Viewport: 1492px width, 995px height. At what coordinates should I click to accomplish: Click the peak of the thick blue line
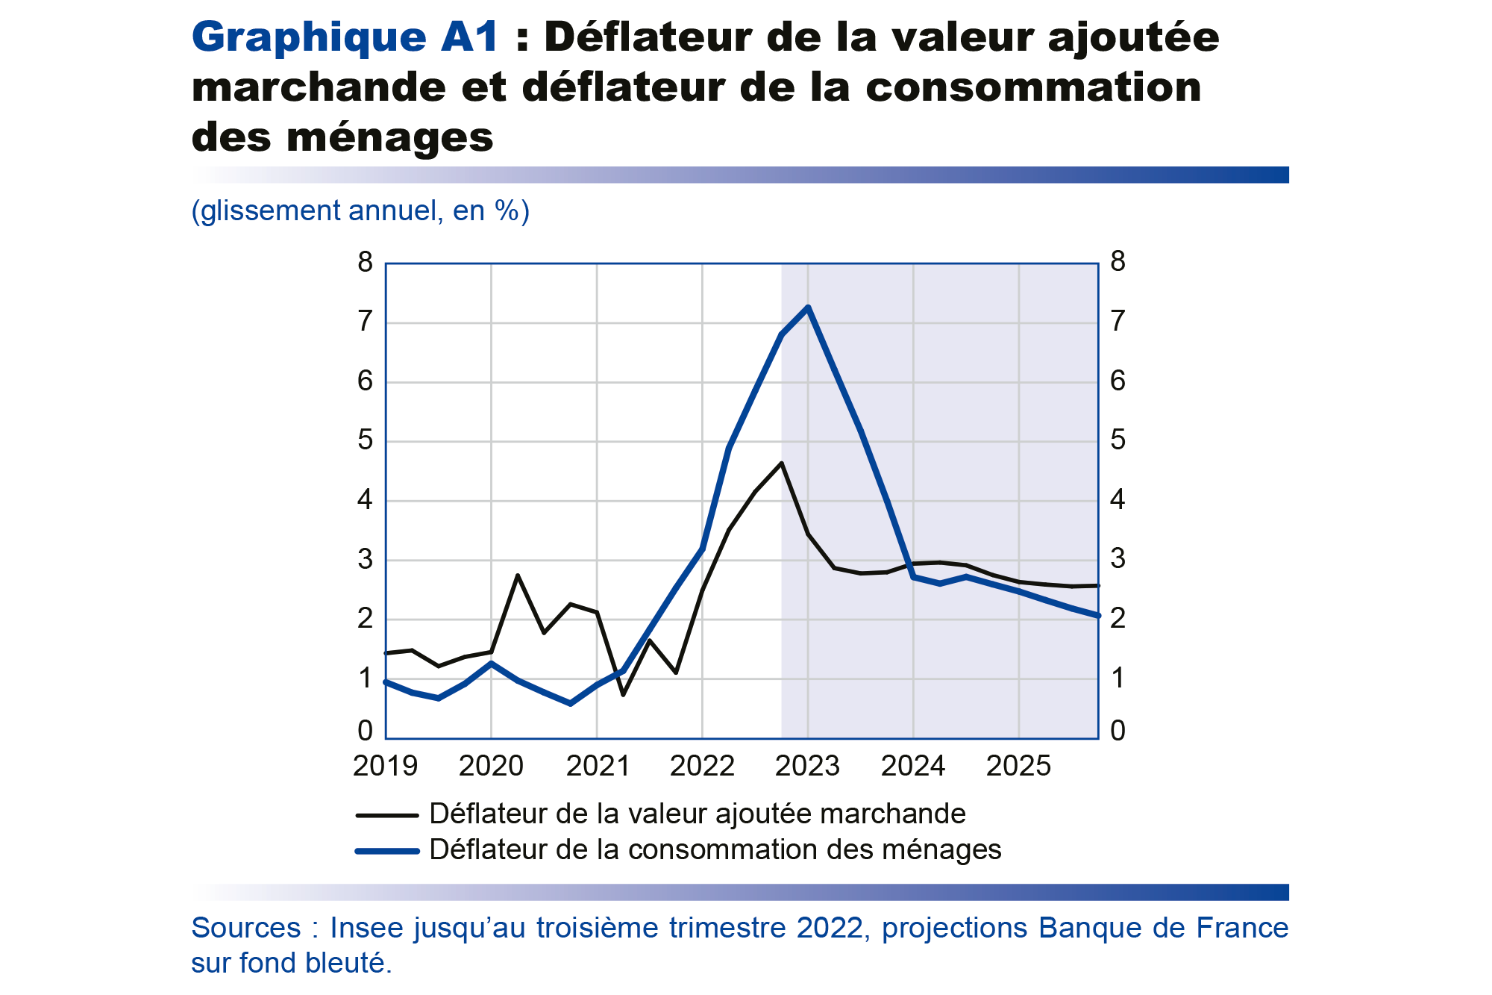coord(808,307)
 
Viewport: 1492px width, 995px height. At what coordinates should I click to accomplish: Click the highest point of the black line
coord(781,463)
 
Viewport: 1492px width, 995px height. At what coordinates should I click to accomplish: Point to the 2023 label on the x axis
coord(807,767)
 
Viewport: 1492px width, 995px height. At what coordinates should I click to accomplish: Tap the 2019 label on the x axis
coord(385,767)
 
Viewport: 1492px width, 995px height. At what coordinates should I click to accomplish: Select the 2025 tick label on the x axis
coord(1018,767)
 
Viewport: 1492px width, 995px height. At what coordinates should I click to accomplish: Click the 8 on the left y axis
coord(365,263)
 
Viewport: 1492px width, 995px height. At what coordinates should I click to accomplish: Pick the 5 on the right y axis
coord(1118,440)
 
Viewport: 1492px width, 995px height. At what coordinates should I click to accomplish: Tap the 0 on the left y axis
coord(365,732)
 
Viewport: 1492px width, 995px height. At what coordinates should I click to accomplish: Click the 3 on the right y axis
coord(1118,559)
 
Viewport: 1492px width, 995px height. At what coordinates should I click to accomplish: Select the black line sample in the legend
coord(386,815)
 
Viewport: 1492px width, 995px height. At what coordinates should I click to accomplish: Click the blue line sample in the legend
coord(386,851)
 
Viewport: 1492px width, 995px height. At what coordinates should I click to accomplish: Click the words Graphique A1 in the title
coord(345,37)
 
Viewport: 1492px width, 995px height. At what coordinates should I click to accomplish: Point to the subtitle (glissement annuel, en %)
coord(360,211)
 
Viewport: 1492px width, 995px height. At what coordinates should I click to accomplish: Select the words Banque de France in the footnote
coord(1163,928)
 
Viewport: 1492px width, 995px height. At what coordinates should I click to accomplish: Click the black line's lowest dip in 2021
coord(623,695)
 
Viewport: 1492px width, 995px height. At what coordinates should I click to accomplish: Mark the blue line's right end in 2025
coord(1097,616)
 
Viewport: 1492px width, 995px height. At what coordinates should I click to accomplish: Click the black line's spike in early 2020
coord(518,575)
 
